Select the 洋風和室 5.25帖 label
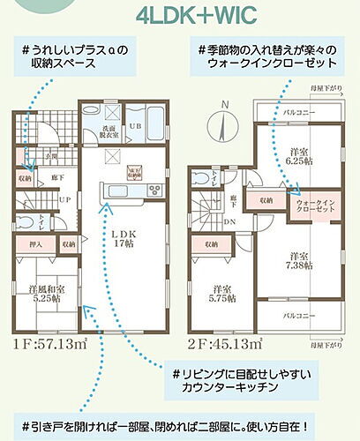point(46,294)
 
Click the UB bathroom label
point(135,127)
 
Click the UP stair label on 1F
point(41,198)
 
